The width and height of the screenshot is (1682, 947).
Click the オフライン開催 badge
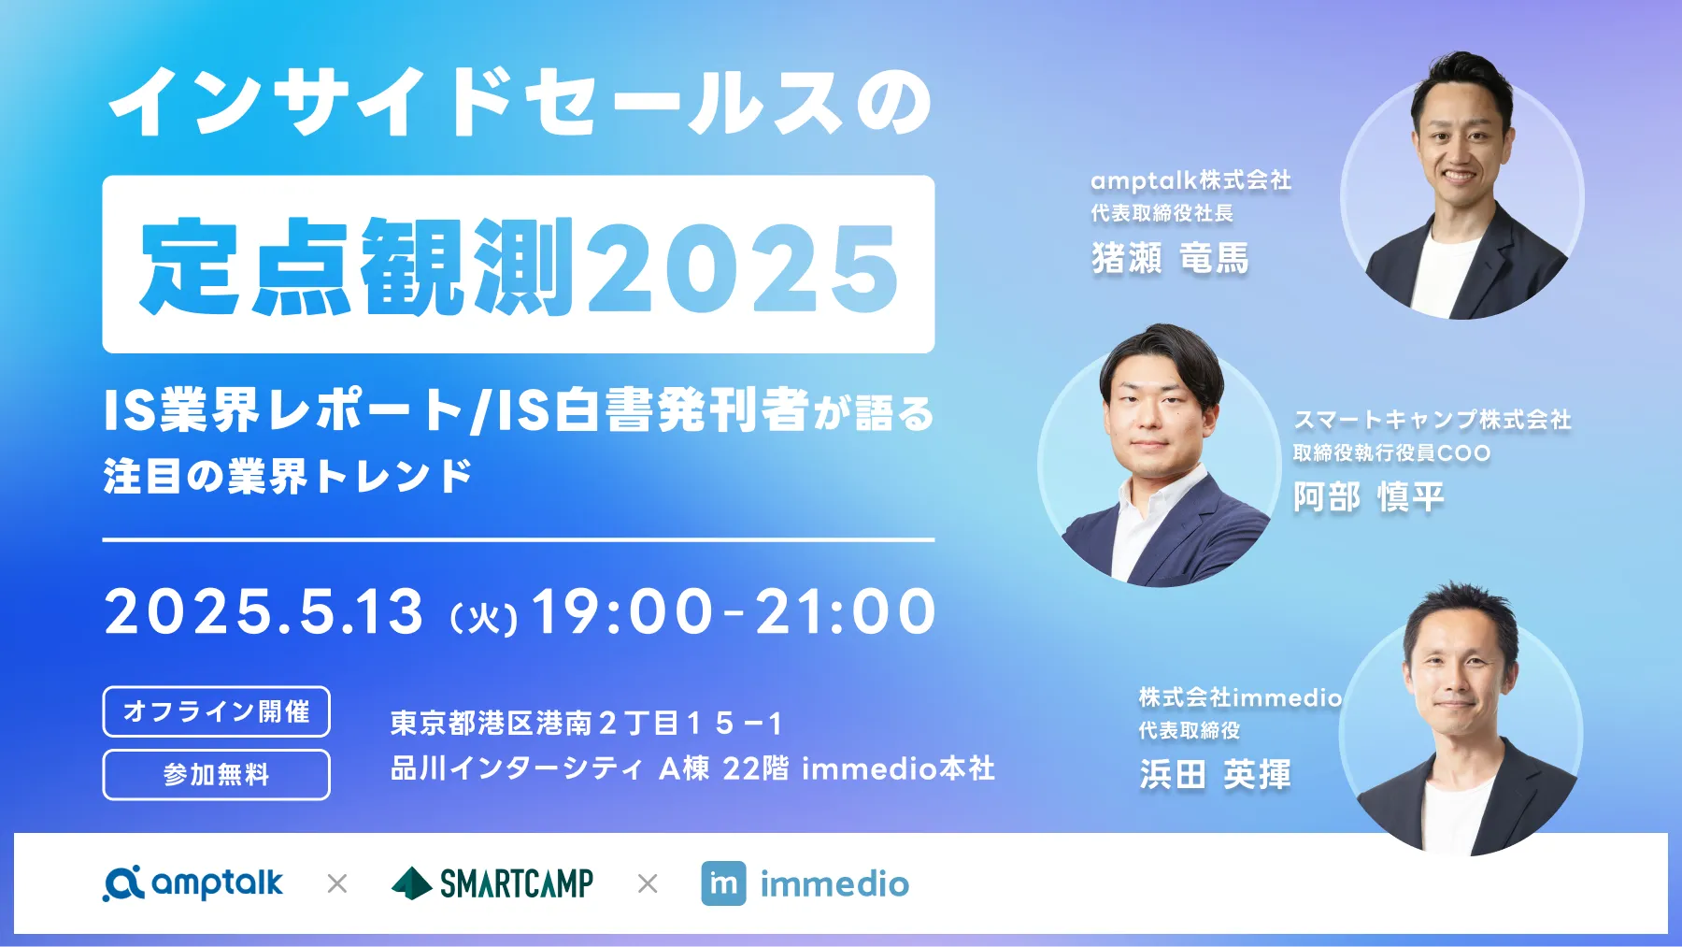(x=216, y=711)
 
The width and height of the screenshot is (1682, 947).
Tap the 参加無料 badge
(x=216, y=775)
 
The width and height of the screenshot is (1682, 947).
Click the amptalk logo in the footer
(x=193, y=883)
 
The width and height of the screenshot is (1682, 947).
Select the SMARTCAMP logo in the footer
(x=492, y=883)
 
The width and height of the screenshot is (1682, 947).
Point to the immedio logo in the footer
(x=805, y=883)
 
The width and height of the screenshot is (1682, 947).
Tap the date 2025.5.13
(x=264, y=612)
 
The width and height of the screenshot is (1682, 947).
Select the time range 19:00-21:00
(x=734, y=612)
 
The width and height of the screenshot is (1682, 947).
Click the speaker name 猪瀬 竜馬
(x=1170, y=258)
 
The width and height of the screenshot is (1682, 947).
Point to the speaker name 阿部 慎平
(x=1369, y=496)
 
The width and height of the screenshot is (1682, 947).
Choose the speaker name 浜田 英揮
(x=1215, y=774)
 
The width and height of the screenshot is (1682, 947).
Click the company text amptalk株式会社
(x=1190, y=179)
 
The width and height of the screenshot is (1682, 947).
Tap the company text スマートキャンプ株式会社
(x=1432, y=420)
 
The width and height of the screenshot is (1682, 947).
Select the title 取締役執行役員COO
(x=1391, y=453)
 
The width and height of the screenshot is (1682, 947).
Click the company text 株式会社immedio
(x=1240, y=697)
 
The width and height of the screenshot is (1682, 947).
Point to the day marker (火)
(x=484, y=618)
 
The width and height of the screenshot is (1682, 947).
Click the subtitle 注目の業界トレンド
(x=288, y=476)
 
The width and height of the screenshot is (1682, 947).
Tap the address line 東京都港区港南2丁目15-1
(x=586, y=723)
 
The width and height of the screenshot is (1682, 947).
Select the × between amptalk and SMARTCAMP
(x=337, y=883)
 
